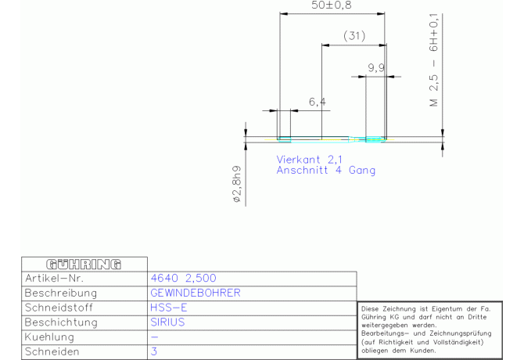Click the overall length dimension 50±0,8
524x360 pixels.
[x=331, y=5]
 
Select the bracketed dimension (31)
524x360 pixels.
[x=354, y=35]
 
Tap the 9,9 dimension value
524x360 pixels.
[x=376, y=68]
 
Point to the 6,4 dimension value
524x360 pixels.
[x=318, y=102]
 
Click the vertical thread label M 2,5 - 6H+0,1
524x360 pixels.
[x=433, y=60]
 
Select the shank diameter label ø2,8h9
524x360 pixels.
[x=237, y=184]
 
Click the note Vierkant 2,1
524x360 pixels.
[x=309, y=160]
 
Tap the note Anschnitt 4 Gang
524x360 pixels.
[x=326, y=170]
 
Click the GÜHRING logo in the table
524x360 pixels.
[x=84, y=265]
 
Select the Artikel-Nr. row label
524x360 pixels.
[x=54, y=278]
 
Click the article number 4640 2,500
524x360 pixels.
[x=184, y=278]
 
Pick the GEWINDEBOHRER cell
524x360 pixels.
[x=196, y=293]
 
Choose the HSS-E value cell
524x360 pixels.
[x=168, y=308]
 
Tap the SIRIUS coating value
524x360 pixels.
[x=167, y=322]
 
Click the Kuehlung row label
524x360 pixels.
[x=49, y=337]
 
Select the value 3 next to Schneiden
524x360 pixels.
[x=154, y=351]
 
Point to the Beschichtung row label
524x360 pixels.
[x=61, y=322]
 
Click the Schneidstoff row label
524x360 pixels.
[x=59, y=308]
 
